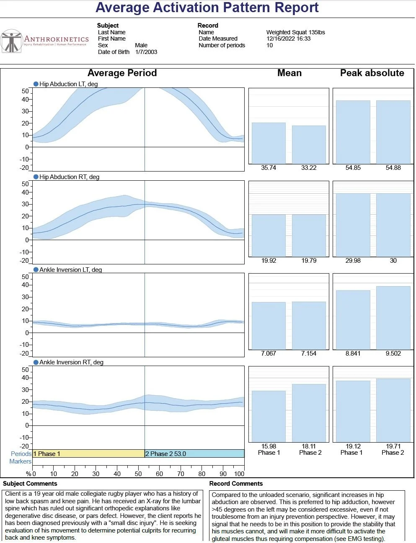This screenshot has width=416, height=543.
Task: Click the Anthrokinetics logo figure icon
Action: coord(11,41)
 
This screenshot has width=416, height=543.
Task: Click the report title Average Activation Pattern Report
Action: coord(207,8)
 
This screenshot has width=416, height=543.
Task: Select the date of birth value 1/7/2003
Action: coord(146,52)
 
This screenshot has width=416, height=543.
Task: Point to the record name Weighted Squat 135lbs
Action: coord(295,32)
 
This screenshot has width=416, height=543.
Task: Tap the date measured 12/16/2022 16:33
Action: coord(288,38)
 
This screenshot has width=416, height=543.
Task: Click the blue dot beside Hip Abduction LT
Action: coord(36,84)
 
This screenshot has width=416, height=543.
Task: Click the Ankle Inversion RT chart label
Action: coord(71,362)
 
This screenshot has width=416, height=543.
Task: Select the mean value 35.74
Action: coord(269,168)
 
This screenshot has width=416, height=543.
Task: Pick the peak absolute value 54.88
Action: coord(393,168)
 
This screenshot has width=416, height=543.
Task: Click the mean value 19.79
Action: coord(309,261)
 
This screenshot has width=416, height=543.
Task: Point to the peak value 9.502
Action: coord(393,353)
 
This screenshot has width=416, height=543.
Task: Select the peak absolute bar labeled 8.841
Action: coord(353,320)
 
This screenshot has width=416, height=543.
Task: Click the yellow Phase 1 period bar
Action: coord(88,454)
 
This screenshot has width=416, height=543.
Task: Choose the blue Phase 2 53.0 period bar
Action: coord(194,454)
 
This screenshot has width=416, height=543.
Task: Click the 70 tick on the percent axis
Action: coord(181,474)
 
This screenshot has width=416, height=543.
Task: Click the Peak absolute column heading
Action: coord(372,73)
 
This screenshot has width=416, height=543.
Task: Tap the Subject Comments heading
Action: coord(30,484)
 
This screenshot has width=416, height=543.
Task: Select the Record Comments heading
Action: coord(236,484)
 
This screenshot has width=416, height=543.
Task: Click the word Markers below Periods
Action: coord(20,461)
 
